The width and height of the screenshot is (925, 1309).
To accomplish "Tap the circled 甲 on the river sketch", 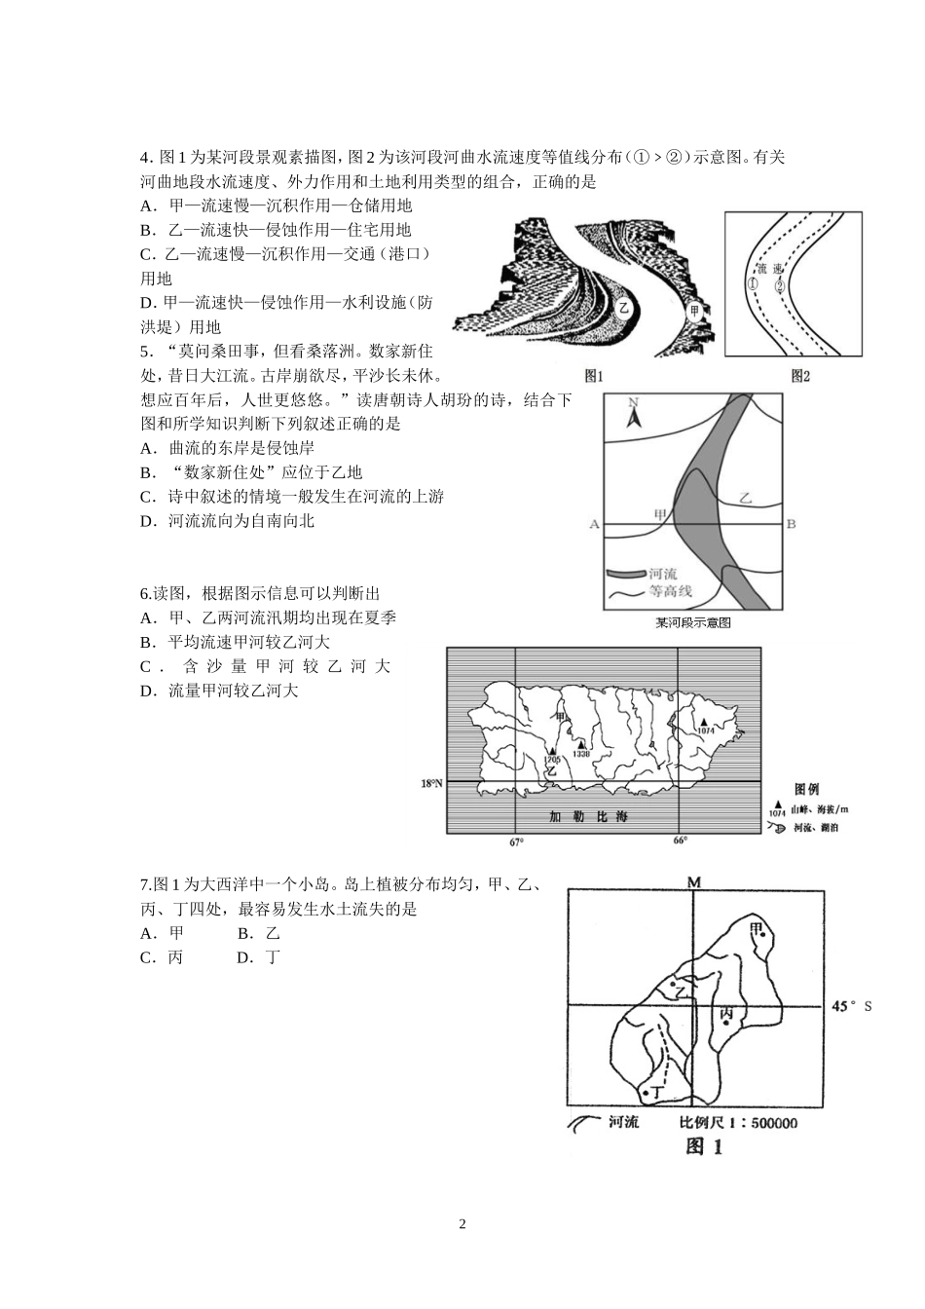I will pyautogui.click(x=694, y=312).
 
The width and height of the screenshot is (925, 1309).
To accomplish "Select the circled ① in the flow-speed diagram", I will pyautogui.click(x=753, y=284).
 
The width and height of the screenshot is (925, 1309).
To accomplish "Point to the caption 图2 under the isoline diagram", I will pyautogui.click(x=800, y=375).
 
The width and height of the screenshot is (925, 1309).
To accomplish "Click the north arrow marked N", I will pyautogui.click(x=632, y=416).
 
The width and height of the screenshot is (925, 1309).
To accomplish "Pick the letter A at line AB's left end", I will pyautogui.click(x=594, y=524).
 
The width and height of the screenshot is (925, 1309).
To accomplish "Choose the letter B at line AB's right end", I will pyautogui.click(x=791, y=524).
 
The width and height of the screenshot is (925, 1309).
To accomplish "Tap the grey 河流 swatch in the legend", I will pyautogui.click(x=627, y=575).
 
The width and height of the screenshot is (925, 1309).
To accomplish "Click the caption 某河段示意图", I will pyautogui.click(x=692, y=622).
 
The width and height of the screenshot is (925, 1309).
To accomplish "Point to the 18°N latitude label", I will pyautogui.click(x=431, y=782).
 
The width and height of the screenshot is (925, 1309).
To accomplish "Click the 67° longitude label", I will pyautogui.click(x=516, y=841).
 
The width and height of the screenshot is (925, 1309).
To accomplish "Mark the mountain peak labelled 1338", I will pyautogui.click(x=581, y=744).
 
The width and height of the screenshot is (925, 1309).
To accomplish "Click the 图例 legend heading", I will pyautogui.click(x=806, y=789).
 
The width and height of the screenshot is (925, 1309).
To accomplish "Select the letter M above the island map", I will pyautogui.click(x=694, y=882).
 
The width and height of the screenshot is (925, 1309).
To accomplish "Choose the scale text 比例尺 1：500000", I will pyautogui.click(x=739, y=1123).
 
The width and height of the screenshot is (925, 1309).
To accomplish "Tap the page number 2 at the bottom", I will pyautogui.click(x=462, y=1224).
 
